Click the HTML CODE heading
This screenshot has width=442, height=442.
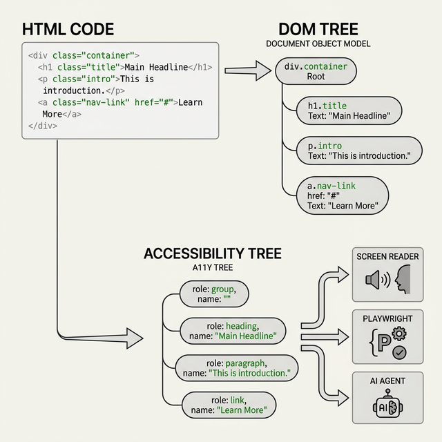pos(68,30)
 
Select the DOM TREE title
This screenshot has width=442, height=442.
pos(318,30)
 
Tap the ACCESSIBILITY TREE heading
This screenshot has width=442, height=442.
pos(212,253)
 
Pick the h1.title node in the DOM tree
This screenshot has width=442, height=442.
pos(344,110)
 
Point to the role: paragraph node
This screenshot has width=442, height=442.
pos(236,368)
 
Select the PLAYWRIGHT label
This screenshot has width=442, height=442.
pos(386,319)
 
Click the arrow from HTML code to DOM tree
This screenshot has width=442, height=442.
pos(249,70)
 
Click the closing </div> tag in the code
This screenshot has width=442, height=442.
pos(43,126)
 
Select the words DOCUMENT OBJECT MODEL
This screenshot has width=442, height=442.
pos(318,44)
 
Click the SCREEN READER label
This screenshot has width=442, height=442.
pos(387,257)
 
